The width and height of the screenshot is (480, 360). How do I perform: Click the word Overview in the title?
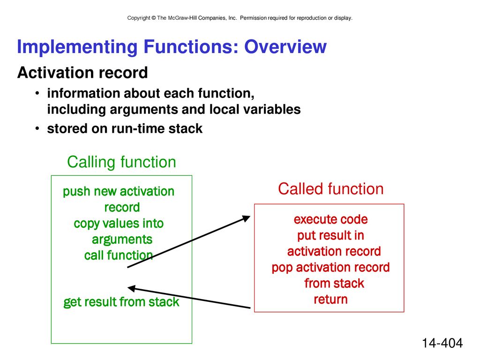pos(285,47)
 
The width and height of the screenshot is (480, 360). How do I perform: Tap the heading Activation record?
pos(82,73)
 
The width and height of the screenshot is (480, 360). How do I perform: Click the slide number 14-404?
pos(442,343)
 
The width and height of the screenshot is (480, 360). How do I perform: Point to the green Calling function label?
pos(121,162)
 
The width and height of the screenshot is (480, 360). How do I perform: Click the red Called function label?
pos(330,188)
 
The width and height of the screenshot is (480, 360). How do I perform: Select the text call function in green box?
pos(119,255)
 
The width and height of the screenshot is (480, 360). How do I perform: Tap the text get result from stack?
pos(121,302)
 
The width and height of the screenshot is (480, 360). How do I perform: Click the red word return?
pos(330,300)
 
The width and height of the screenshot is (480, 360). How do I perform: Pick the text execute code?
pos(330,219)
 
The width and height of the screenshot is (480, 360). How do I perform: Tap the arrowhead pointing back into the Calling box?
pos(131,288)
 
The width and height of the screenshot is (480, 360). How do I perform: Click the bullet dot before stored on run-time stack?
pos(37,128)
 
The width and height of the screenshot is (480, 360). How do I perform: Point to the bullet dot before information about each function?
pos(37,93)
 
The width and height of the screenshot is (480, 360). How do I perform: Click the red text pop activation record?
pos(330,268)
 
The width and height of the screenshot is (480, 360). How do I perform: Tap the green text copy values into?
pos(119,224)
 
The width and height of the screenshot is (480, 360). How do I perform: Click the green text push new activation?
pos(119,191)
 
